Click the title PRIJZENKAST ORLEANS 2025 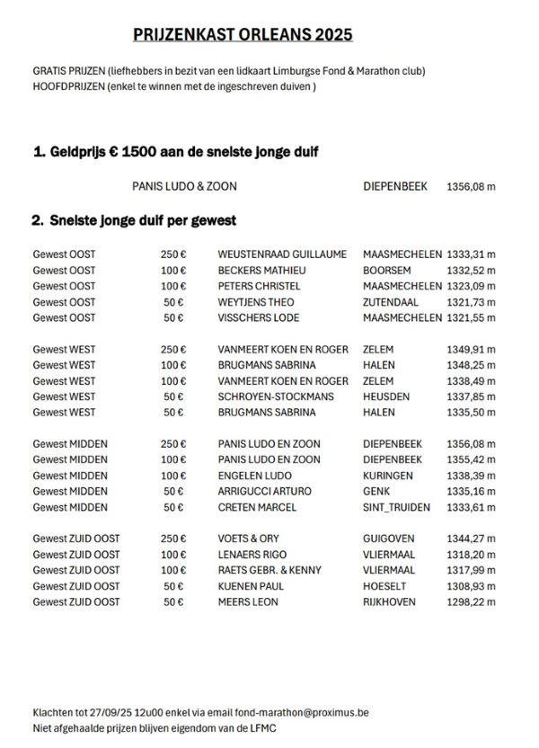point(243,34)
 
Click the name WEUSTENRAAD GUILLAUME point(282,254)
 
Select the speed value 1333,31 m point(471,254)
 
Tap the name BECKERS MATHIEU point(262,270)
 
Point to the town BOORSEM point(387,270)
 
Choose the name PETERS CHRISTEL point(260,286)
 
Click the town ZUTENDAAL point(391,302)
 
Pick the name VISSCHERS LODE point(259,318)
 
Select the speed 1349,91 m point(471,349)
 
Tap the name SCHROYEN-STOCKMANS point(276,396)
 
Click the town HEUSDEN point(386,396)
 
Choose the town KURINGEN point(388,476)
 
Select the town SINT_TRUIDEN point(396,507)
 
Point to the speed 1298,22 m point(471,602)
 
